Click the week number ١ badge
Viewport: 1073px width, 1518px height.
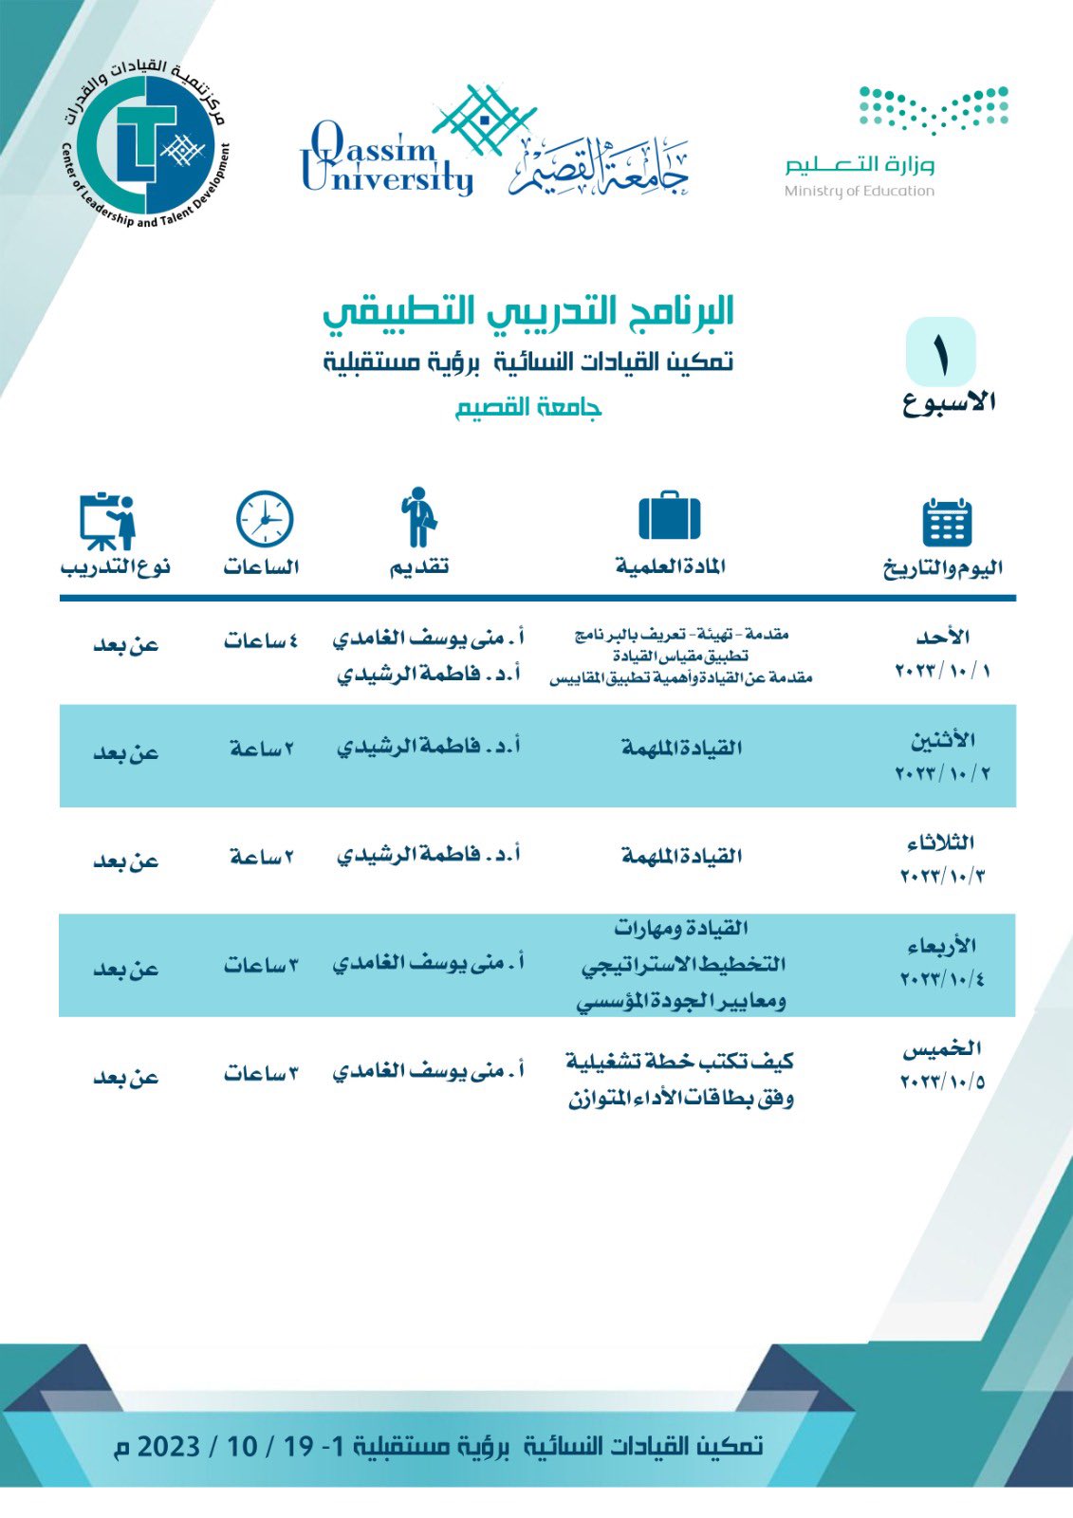coord(940,352)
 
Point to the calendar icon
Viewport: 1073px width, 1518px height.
coord(946,521)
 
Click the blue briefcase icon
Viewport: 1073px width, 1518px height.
coord(670,516)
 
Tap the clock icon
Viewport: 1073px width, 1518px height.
coord(264,519)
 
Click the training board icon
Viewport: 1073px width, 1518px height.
coord(107,520)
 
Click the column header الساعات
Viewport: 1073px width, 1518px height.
coord(261,567)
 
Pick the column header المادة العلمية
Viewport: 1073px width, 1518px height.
coord(670,567)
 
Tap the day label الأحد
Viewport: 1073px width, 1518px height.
coord(943,637)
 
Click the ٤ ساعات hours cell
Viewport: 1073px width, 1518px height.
coord(261,642)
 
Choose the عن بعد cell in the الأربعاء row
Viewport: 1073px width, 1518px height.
coord(125,969)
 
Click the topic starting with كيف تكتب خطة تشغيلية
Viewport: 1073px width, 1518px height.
coord(679,1079)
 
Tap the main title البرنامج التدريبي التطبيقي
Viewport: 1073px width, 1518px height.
coord(528,311)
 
